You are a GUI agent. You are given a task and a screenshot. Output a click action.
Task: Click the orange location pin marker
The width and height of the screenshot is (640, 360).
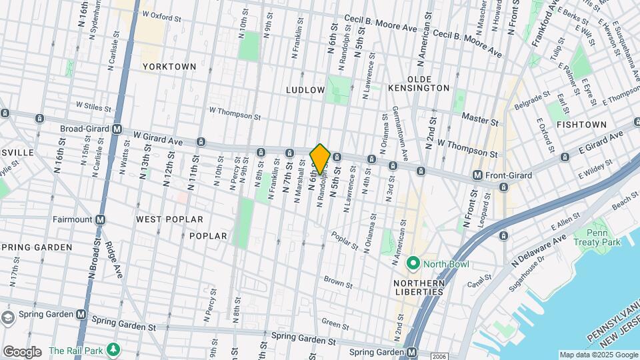(x=320, y=159)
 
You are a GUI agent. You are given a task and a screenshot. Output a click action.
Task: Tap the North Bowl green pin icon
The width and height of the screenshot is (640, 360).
(x=413, y=264)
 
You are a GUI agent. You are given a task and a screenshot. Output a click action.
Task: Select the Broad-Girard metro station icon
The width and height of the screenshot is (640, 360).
(x=117, y=129)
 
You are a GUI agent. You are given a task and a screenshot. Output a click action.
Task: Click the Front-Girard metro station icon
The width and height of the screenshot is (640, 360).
(x=477, y=175)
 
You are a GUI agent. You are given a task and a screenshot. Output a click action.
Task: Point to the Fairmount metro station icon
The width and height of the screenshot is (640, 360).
(x=100, y=219)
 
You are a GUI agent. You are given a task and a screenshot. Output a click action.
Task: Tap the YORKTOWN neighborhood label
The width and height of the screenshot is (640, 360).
(x=169, y=67)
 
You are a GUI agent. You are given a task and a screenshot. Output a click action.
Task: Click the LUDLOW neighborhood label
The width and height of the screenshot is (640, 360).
(x=305, y=89)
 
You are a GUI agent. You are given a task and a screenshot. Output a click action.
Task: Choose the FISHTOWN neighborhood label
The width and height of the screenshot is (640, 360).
(x=581, y=125)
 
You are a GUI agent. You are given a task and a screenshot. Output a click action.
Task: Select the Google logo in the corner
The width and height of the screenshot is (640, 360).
(x=22, y=352)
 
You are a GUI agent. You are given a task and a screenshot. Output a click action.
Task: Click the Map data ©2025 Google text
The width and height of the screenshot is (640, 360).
(x=597, y=355)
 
